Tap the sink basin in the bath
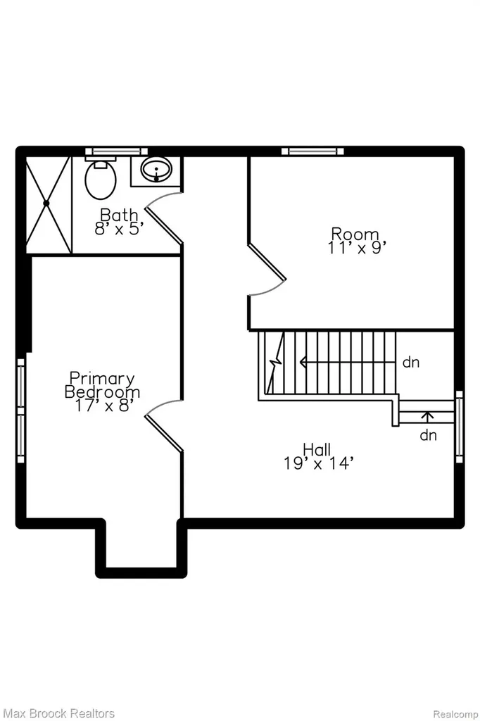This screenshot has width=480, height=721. point(156,170)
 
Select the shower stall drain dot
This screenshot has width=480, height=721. point(46,203)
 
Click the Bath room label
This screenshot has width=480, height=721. point(119,214)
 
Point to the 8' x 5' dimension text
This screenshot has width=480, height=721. point(117,229)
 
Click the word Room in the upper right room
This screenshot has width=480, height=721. point(355,234)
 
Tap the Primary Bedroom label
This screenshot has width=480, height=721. point(103,385)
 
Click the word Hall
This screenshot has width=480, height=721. point(317,449)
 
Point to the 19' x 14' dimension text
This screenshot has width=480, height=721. point(318,463)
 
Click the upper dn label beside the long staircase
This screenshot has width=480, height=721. point(411,363)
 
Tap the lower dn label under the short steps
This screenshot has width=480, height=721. point(428,434)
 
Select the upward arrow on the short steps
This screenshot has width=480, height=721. point(428,417)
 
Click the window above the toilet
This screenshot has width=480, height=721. point(116,151)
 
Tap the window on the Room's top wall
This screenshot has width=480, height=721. point(312,151)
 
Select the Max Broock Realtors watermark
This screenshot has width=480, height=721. point(59,713)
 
